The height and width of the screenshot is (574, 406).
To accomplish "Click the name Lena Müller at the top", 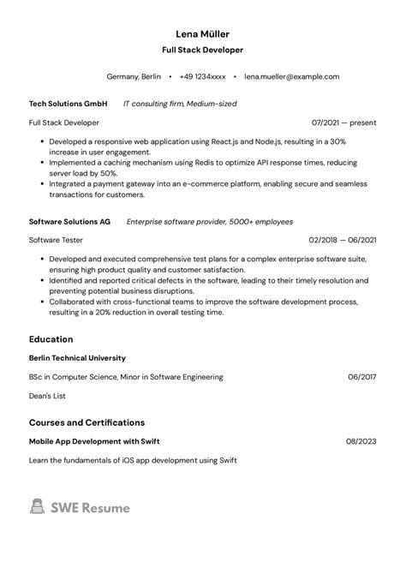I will click(x=203, y=33).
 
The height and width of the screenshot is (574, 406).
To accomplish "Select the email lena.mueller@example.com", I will click(x=291, y=76).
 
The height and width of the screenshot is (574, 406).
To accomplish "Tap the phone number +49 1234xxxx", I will click(x=202, y=76).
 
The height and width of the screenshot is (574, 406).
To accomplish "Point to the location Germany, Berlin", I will click(x=134, y=76).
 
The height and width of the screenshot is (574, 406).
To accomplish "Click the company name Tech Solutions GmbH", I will click(x=69, y=104).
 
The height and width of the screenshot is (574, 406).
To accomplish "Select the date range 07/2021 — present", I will click(x=344, y=123).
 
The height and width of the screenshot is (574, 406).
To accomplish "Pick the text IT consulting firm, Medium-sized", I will click(x=180, y=104).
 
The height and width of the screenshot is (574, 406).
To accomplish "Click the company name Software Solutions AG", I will click(x=69, y=221).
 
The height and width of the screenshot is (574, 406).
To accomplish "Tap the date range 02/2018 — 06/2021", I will click(x=343, y=240).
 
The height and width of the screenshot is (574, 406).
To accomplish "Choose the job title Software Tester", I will click(x=56, y=240).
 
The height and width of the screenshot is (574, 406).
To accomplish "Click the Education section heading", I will click(x=51, y=339).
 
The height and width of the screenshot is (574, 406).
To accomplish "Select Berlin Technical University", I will click(x=77, y=358).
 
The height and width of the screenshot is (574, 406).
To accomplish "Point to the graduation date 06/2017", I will click(x=362, y=377).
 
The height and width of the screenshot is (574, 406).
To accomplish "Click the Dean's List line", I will click(x=47, y=396).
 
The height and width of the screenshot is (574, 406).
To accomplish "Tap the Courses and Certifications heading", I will click(x=87, y=422).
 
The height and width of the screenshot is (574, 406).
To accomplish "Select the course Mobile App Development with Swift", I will click(x=94, y=441).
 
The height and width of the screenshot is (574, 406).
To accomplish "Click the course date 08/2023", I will click(x=361, y=441).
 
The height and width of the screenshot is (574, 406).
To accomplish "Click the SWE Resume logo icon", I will click(x=37, y=507).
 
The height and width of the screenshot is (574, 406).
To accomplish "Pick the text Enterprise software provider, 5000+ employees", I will click(x=210, y=221).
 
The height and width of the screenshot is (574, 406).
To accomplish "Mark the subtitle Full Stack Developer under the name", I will click(x=203, y=51).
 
